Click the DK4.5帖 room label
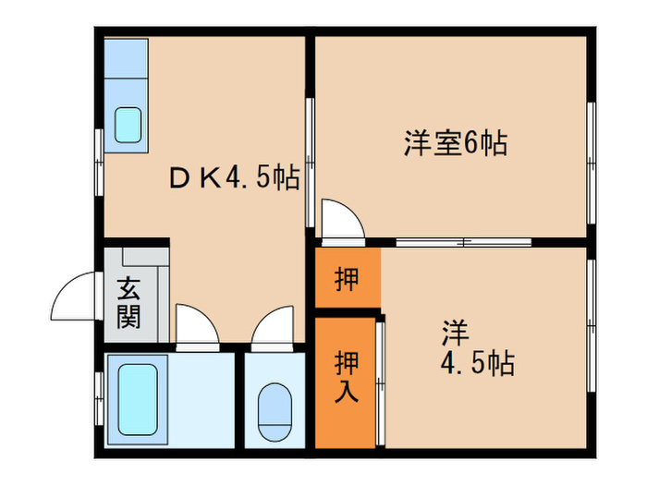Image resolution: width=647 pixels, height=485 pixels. click(235, 178)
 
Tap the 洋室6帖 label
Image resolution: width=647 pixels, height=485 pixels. click(455, 144)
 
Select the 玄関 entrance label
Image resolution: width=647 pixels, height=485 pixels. click(128, 304)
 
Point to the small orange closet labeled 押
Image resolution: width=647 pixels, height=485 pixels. click(347, 278)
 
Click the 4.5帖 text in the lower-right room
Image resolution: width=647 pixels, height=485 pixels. click(476, 362)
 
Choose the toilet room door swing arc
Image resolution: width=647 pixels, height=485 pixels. click(272, 325)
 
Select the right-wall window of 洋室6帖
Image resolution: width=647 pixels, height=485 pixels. click(592, 148)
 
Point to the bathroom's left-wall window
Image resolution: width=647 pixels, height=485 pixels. click(98, 398)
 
